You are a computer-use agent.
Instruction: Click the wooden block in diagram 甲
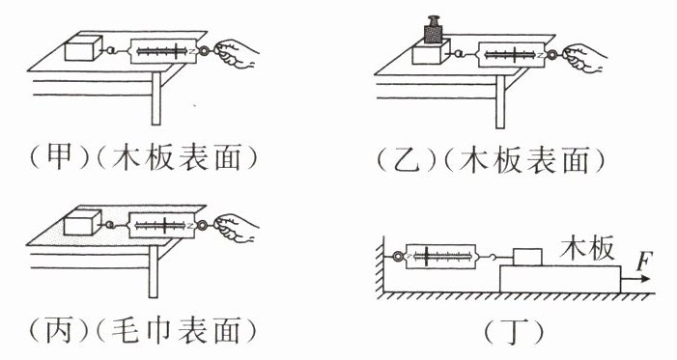click(x=83, y=48)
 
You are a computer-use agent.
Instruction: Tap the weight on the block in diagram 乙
click(x=433, y=30)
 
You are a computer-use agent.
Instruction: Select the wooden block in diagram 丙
click(x=82, y=223)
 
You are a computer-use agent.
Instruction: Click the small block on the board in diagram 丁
click(x=527, y=258)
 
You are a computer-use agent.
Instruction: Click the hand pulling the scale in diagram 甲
click(x=237, y=53)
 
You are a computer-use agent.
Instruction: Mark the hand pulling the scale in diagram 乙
click(x=585, y=58)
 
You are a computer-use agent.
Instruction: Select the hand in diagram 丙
click(x=237, y=228)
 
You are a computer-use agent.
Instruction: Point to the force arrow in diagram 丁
click(x=635, y=279)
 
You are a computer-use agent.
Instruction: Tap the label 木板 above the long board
click(x=587, y=248)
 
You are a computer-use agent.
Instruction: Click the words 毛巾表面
click(x=176, y=331)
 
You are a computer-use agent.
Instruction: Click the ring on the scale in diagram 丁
click(x=398, y=257)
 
